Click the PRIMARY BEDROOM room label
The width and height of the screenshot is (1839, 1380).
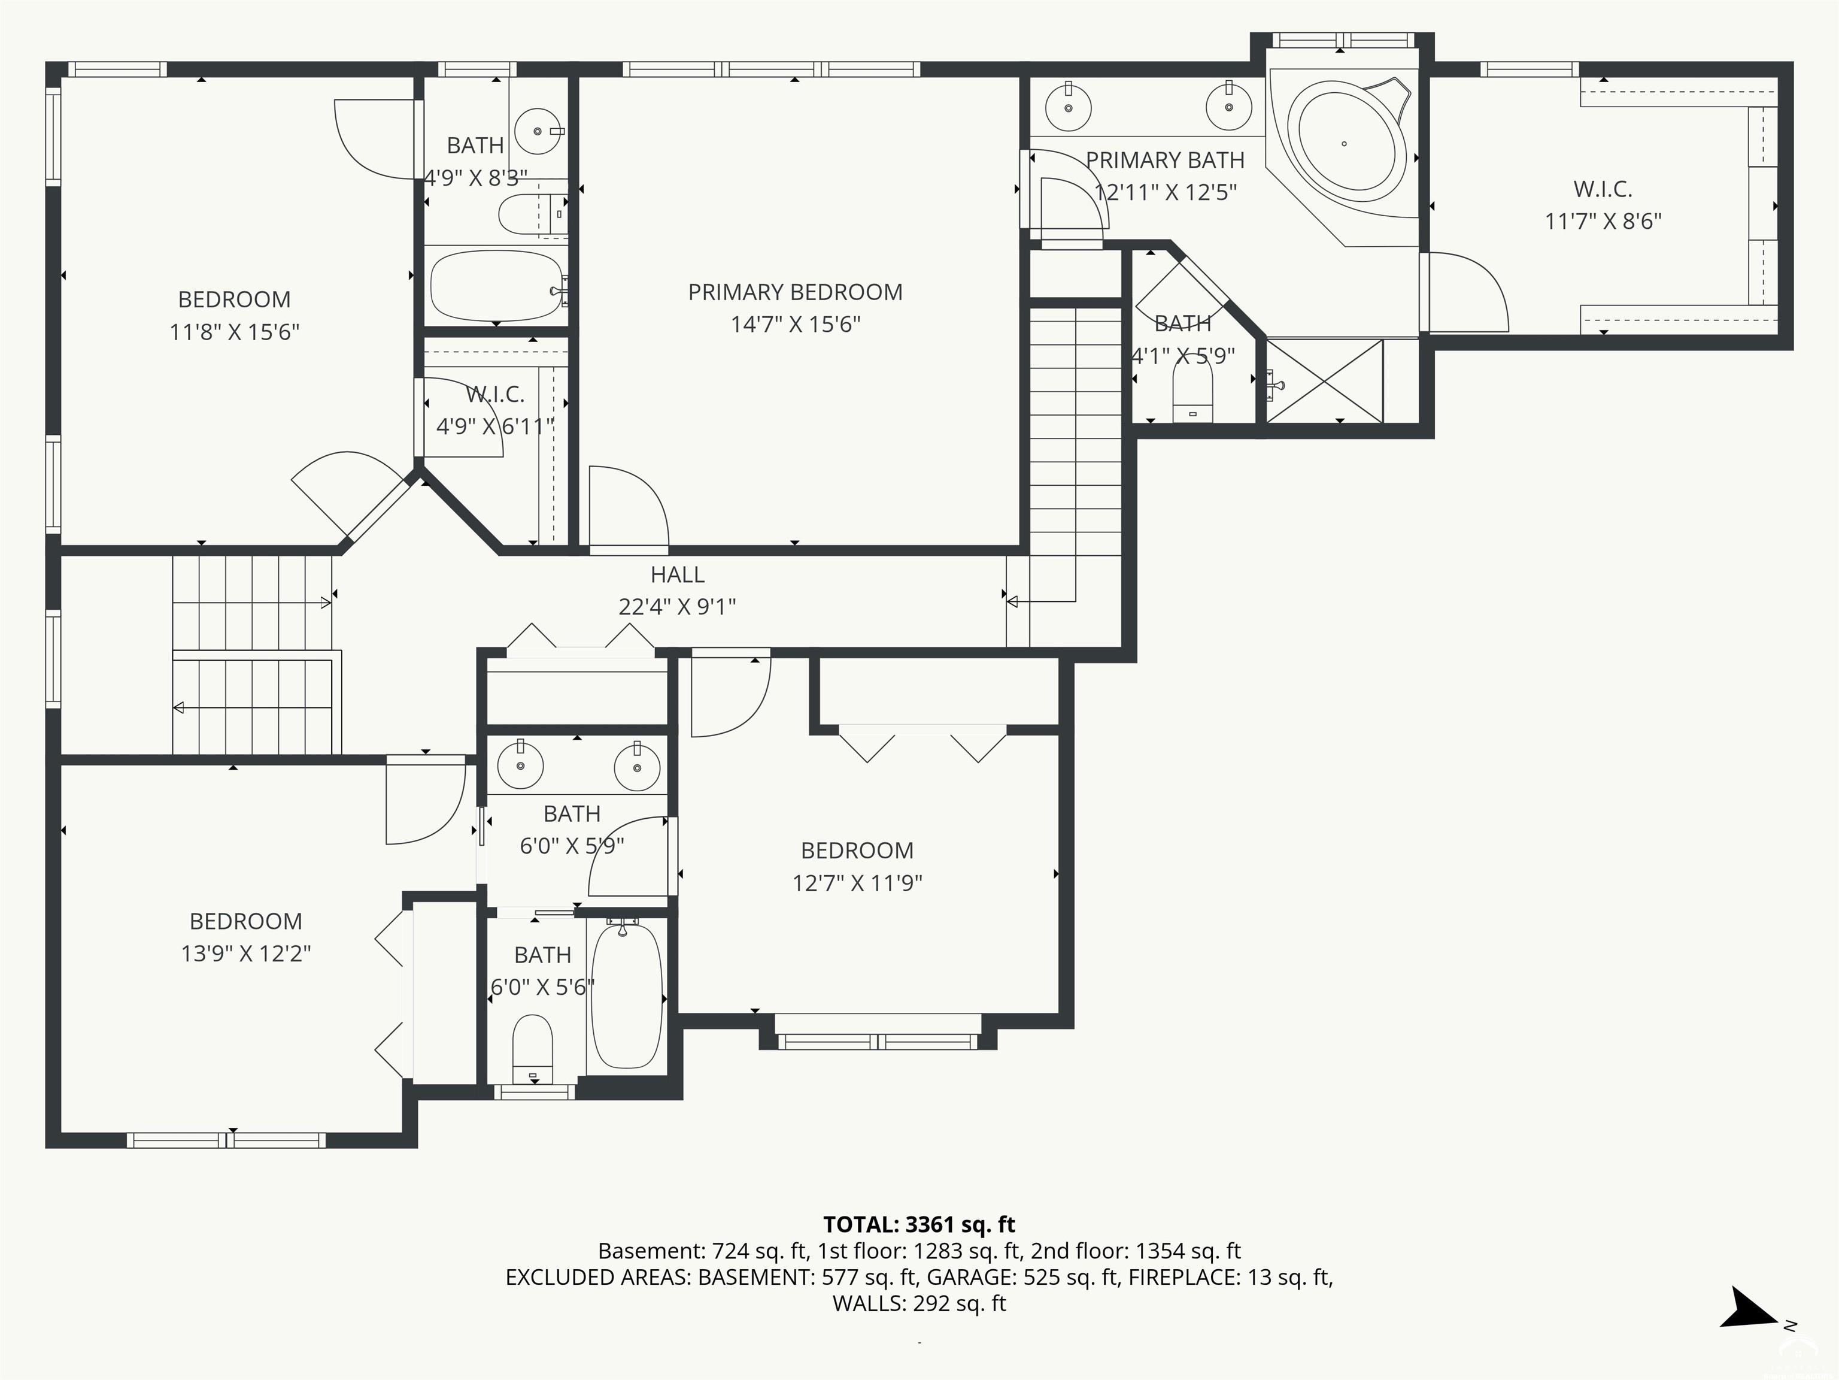795,292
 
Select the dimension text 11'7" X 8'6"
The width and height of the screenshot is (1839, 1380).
1603,221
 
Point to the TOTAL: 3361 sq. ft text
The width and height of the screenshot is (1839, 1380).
919,1224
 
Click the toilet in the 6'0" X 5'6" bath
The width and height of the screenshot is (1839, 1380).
533,1050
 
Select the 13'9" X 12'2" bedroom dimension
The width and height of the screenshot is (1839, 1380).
246,954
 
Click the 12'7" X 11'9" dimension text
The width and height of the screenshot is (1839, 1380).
857,883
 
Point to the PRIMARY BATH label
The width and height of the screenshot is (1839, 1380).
1165,160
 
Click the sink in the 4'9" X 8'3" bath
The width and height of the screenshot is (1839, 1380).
538,131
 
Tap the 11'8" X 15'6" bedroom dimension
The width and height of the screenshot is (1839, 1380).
235,332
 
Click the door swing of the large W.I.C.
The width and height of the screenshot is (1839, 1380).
1468,291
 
